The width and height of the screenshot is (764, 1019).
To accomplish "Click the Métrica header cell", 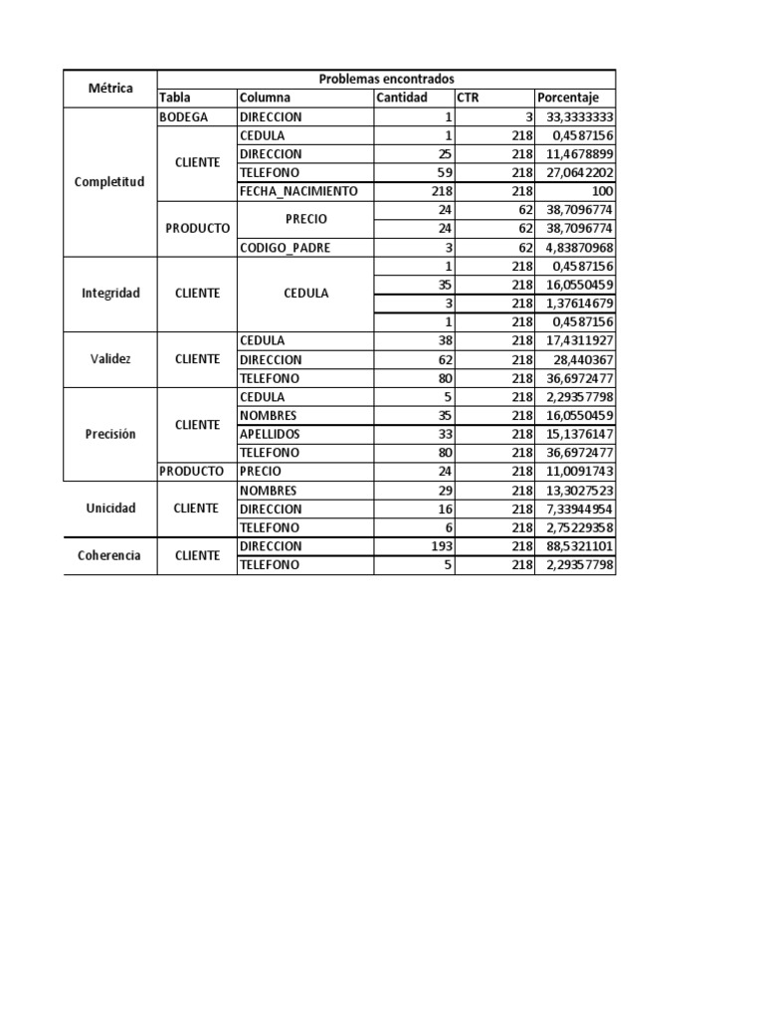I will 109,88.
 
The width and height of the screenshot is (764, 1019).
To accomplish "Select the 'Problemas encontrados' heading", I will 386,79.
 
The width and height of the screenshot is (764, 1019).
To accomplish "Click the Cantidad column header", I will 402,98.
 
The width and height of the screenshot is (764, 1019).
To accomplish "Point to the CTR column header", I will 468,98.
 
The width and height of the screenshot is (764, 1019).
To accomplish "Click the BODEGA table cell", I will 183,116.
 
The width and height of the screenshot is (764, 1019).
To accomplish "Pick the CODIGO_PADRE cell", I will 284,247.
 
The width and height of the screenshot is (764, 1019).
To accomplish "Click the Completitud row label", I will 109,182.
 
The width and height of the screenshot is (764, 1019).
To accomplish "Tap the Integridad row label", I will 109,294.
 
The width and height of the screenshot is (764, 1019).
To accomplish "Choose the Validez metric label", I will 109,359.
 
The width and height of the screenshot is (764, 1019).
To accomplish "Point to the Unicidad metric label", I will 109,509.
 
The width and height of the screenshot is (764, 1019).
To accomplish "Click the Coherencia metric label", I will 109,556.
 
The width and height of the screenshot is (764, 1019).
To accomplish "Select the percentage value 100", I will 602,191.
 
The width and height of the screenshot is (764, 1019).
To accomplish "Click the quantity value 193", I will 441,546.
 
